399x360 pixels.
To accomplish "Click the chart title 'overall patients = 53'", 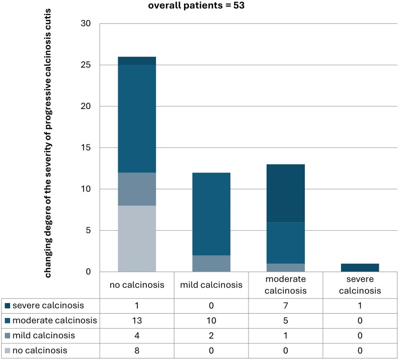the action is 196,5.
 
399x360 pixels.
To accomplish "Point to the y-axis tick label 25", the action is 86,65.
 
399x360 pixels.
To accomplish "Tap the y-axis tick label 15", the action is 86,147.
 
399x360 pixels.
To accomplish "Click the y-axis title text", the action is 48,143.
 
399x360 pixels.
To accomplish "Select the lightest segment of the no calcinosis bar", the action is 137,239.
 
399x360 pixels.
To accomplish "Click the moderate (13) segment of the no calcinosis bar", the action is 137,119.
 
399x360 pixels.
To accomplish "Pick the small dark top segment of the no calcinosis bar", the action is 137,61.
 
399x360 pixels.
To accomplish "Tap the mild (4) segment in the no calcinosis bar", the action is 137,189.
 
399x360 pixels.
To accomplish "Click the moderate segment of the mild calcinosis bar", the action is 211,214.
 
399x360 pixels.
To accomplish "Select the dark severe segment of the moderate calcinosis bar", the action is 286,194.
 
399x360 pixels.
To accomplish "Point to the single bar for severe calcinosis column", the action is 360,267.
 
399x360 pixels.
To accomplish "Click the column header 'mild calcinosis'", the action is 211,285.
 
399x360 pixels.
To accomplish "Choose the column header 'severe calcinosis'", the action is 360,285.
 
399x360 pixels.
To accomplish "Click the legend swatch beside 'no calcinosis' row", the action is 7,351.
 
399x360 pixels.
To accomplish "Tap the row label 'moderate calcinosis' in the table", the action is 55,321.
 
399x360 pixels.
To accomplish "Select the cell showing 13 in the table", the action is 137,321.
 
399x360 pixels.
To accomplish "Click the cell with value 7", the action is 286,306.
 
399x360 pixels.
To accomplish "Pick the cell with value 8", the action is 137,350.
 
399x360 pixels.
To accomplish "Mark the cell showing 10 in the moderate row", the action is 211,321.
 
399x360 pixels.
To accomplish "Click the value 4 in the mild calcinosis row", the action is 137,336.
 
